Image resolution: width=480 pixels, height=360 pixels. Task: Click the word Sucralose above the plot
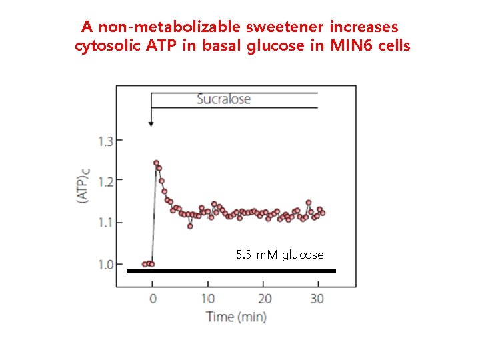223,99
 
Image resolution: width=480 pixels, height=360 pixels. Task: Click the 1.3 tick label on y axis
105,141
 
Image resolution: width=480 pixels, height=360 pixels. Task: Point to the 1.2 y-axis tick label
105,180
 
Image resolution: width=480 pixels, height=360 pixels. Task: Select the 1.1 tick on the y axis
105,222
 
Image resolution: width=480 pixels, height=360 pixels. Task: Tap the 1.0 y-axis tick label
105,265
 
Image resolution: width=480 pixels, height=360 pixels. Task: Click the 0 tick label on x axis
152,299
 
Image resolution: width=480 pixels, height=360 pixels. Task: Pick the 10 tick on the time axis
208,299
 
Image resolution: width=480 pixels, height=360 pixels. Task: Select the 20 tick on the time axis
265,299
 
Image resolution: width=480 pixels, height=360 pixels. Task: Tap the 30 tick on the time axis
317,299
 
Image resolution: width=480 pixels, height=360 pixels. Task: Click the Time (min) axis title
236,316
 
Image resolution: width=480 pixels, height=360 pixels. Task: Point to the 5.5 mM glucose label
279,255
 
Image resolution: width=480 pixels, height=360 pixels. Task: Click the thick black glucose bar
231,271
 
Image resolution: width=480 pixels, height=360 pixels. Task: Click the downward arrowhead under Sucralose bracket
151,123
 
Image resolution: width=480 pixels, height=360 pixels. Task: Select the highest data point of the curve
156,163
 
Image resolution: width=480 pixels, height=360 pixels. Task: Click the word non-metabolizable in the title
169,27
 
